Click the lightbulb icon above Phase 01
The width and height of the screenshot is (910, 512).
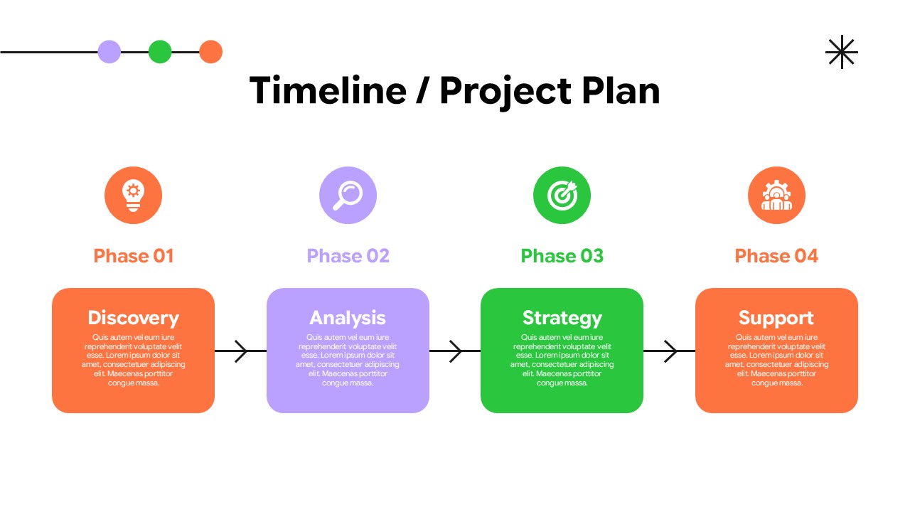(x=133, y=195)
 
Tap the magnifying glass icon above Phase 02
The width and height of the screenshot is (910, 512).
(x=348, y=195)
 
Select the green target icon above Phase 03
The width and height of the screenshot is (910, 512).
(x=562, y=195)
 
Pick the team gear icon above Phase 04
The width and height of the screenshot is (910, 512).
(x=776, y=195)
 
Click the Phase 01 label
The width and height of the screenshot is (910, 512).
(x=134, y=256)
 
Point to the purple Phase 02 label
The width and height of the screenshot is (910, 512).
(x=348, y=256)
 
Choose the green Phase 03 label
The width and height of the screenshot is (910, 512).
(x=562, y=256)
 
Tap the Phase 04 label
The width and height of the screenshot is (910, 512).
(x=776, y=256)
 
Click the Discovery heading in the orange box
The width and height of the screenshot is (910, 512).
(x=133, y=318)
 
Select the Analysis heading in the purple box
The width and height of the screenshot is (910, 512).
(x=348, y=318)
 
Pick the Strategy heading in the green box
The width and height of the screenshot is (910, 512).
(x=562, y=318)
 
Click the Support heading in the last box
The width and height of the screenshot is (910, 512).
(x=776, y=318)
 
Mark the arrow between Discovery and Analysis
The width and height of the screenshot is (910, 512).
(x=240, y=351)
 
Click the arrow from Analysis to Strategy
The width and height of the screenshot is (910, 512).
(x=455, y=351)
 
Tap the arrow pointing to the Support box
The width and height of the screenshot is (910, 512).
(x=670, y=351)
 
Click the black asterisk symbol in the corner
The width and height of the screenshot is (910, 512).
(x=842, y=52)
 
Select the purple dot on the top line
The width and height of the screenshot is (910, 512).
(x=109, y=52)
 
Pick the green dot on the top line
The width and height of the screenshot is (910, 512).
(x=160, y=52)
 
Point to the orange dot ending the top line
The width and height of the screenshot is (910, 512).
(x=210, y=52)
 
